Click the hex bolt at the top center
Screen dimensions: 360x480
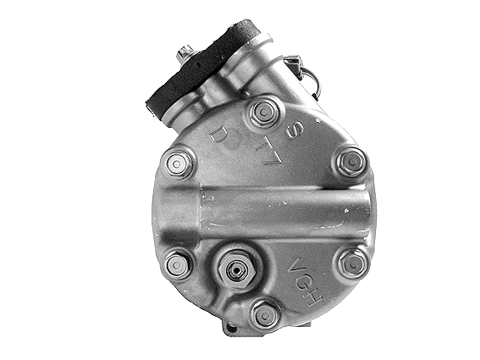click(x=265, y=111)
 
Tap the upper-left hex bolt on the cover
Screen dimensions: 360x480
click(x=179, y=162)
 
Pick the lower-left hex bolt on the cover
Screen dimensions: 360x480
click(x=177, y=265)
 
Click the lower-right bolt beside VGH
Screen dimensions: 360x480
click(x=351, y=263)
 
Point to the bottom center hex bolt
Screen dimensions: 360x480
click(x=265, y=314)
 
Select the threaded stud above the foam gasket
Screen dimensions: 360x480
click(x=185, y=55)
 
